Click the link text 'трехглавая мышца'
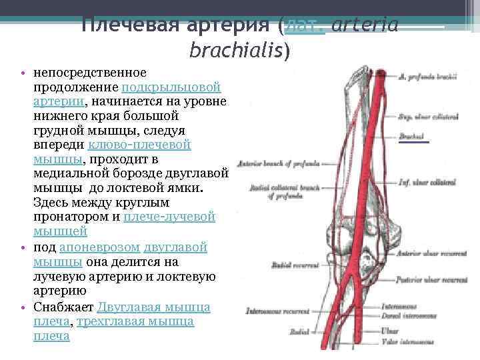pyautogui.click(x=135, y=321)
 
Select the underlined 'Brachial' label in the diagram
pyautogui.click(x=414, y=137)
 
